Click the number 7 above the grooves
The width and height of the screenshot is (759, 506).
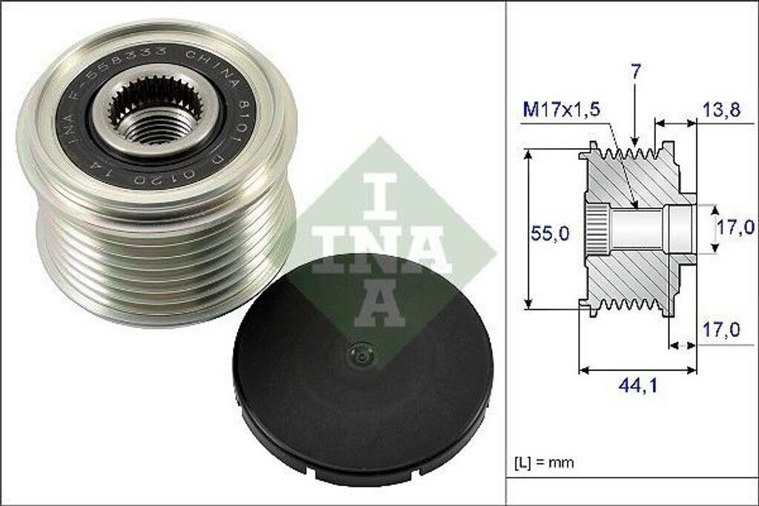click(636, 72)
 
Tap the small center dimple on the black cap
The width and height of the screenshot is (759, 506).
click(361, 356)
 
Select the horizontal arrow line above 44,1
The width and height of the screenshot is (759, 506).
click(637, 369)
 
